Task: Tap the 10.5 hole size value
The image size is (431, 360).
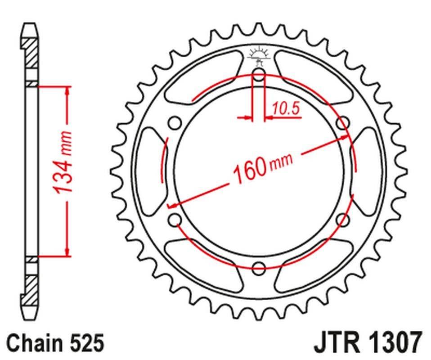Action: [x=286, y=108]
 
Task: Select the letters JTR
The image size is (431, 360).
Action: [x=335, y=343]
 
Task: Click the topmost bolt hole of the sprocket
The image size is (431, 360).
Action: [x=259, y=74]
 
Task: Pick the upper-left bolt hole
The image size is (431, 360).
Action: [x=175, y=123]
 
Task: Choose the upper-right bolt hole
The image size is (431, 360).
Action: [x=343, y=123]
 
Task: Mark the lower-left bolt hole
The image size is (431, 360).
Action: [x=175, y=220]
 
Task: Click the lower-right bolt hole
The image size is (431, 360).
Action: [x=343, y=220]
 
